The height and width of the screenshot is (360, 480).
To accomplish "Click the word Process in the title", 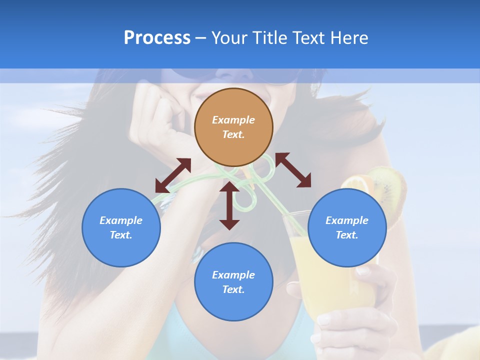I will (x=157, y=38).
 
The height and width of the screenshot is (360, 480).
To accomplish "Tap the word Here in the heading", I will (x=348, y=38).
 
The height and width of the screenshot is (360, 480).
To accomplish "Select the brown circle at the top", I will (x=233, y=127).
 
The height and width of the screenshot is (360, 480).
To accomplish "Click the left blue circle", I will (x=121, y=227).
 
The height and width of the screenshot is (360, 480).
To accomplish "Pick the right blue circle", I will (x=347, y=227).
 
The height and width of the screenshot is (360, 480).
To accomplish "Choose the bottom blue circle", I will (x=233, y=281).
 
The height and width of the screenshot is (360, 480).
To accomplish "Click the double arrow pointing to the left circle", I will (x=173, y=175).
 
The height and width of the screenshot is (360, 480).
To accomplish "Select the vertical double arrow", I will (x=229, y=205).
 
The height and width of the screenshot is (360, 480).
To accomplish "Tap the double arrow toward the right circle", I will (x=293, y=170).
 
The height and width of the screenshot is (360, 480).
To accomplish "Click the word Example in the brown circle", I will (x=233, y=120).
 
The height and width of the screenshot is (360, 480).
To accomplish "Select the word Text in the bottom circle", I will (x=232, y=289).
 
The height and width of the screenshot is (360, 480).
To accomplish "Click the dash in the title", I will (x=200, y=38).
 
